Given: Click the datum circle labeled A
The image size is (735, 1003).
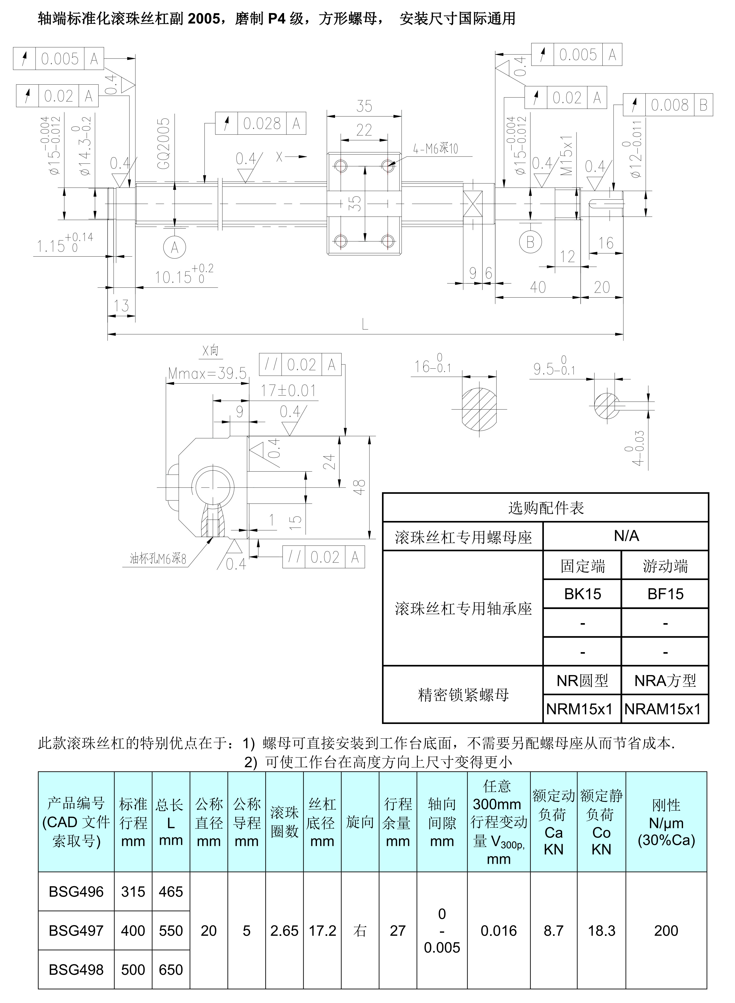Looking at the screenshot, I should point(174,247).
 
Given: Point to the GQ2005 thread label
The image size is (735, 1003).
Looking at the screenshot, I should point(164,143).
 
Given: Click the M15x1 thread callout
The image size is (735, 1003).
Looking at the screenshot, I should point(566,156).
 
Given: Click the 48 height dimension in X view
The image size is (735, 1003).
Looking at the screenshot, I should point(360,486).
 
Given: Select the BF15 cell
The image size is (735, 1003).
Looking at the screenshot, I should point(665,594).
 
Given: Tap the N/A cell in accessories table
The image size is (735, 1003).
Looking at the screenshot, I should point(626,536).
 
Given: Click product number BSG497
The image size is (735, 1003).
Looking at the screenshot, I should point(76,930).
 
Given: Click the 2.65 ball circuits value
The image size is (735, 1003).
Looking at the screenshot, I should point(284,930).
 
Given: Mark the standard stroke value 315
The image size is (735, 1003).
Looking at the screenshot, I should point(133,892).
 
